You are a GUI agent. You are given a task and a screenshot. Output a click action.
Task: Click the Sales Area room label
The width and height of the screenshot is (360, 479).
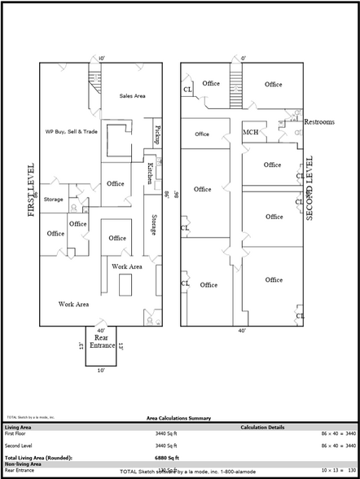132,96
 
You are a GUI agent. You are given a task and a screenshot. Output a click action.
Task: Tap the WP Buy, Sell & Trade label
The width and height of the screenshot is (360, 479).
71,130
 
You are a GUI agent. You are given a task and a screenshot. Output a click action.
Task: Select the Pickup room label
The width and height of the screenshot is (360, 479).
157,135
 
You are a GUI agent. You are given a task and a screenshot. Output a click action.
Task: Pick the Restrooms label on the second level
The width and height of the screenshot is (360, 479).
319,122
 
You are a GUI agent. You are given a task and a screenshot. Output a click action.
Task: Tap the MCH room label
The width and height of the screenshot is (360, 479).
251,133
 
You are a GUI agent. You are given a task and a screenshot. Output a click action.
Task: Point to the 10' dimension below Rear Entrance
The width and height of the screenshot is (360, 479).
101,370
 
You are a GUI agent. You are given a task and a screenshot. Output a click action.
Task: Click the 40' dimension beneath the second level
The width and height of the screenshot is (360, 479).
242,331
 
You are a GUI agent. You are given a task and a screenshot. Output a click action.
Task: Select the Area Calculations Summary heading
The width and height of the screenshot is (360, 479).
178,418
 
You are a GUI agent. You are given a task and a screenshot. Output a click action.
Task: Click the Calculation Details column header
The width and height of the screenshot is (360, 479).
262,427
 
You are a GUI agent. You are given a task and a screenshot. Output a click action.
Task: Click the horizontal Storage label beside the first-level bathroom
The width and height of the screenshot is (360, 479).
54,200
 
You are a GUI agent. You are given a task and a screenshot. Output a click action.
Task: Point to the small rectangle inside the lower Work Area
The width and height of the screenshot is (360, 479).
125,287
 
